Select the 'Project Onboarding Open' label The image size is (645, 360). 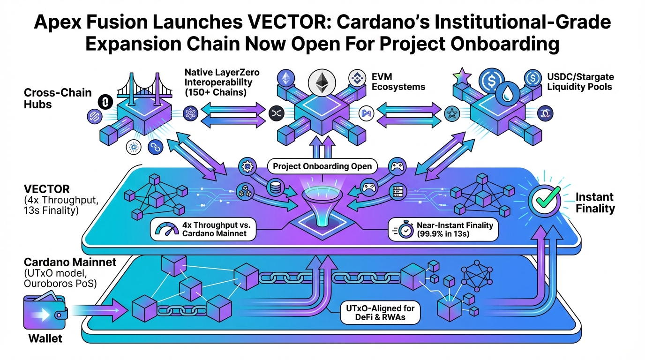(322, 166)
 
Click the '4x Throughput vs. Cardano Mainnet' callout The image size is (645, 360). (204, 229)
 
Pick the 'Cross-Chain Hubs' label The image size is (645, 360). (52, 98)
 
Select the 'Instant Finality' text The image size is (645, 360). (594, 202)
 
